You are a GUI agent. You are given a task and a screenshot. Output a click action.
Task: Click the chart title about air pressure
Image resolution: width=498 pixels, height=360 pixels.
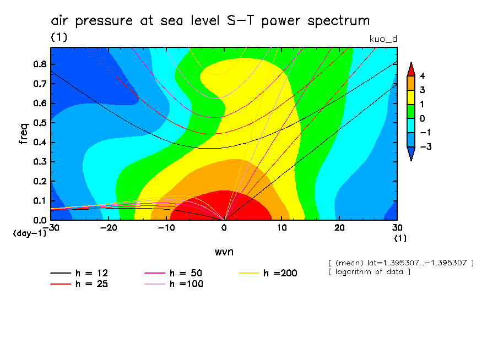210,21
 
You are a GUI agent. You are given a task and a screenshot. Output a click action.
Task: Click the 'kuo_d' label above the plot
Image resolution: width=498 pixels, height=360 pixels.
382,38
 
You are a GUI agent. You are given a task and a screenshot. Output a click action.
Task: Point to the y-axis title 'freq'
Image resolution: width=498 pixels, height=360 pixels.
23,133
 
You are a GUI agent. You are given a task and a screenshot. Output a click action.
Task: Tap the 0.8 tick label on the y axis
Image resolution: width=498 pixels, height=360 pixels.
40,64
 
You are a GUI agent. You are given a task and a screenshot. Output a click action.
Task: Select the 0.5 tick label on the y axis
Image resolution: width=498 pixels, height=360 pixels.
40,123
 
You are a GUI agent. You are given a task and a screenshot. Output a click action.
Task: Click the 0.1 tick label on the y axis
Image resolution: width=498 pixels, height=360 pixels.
40,201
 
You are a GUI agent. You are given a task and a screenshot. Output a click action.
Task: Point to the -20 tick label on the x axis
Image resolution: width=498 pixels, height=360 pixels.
108,227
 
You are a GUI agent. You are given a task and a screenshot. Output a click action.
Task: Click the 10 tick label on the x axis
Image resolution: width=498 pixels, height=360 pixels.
282,227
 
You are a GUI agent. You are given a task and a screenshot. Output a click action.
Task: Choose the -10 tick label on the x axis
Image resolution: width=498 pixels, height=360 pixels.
166,227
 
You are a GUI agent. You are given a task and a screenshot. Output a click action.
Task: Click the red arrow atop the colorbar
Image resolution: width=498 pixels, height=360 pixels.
410,69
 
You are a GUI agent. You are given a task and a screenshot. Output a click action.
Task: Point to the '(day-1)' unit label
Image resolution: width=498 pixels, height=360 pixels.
30,233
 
